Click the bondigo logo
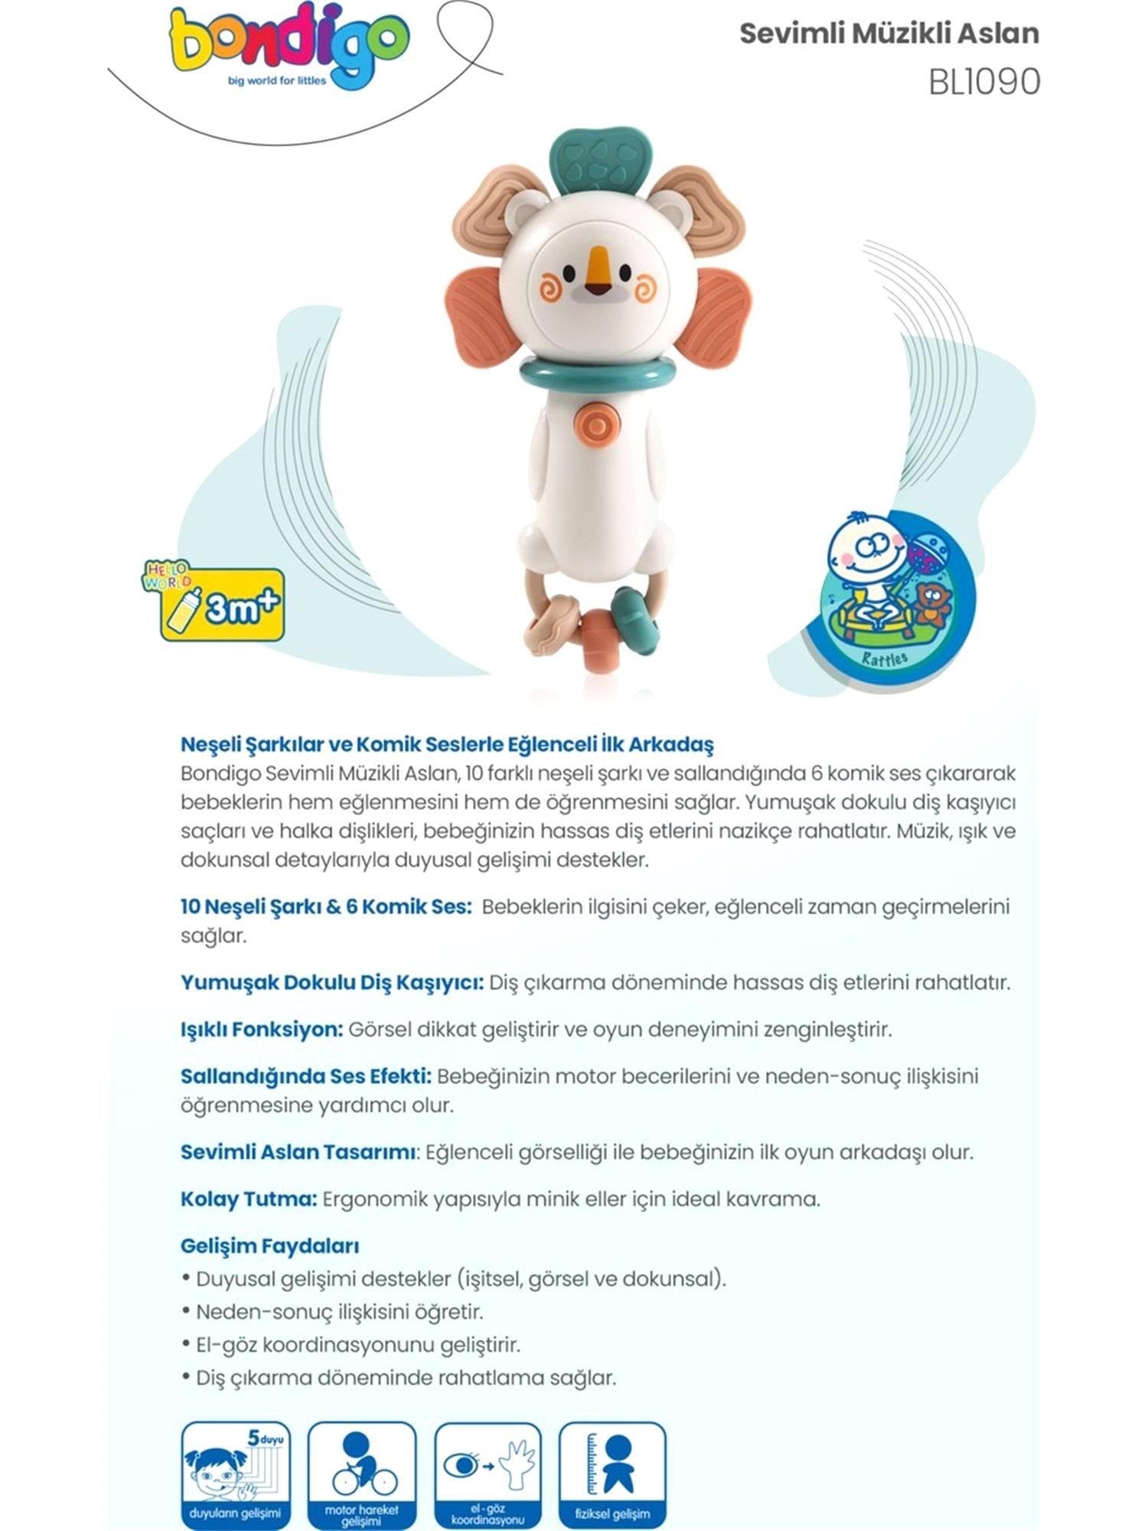click(x=288, y=50)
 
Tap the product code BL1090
click(x=984, y=82)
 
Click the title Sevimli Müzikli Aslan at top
click(x=889, y=34)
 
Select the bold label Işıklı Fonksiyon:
click(x=262, y=1030)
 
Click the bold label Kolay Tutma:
click(x=249, y=1199)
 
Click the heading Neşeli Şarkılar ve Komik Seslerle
click(x=447, y=744)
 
